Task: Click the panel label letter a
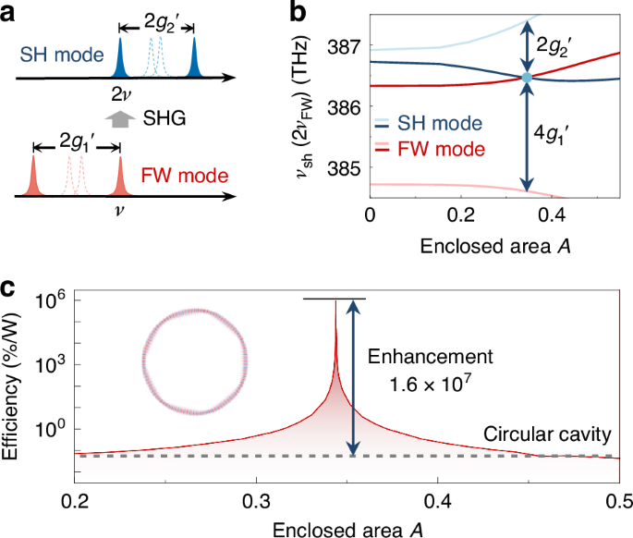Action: tap(12, 12)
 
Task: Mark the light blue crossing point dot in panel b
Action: tap(527, 78)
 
